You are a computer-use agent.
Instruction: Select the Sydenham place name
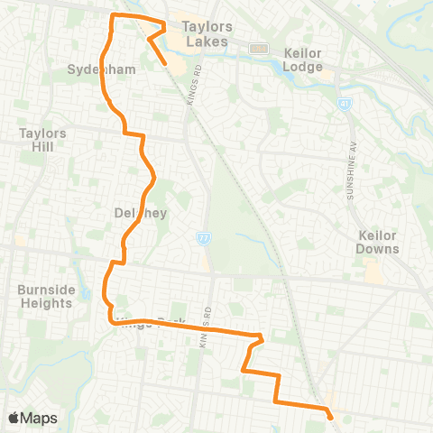tap(88, 69)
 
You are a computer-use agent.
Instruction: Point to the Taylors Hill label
tap(42, 139)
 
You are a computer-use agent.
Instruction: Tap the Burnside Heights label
tap(44, 297)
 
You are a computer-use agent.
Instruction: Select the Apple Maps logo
tap(32, 418)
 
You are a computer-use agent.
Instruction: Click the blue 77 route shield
tap(205, 236)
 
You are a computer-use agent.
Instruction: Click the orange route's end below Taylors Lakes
tap(166, 63)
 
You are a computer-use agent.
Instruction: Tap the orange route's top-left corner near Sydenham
tap(112, 16)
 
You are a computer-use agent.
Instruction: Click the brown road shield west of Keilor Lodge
tap(261, 48)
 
